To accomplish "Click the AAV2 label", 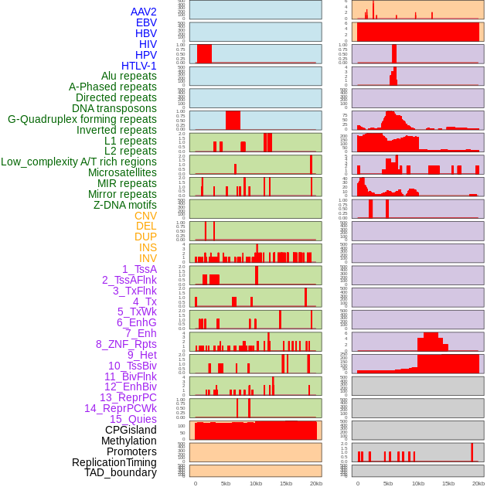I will pos(144,12).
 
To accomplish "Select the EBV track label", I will pos(146,22).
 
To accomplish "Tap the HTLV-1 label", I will pos(139,66).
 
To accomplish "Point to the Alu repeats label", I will pos(129,76).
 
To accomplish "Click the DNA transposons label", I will pos(114,108).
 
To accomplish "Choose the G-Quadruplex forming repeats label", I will pos(82,119).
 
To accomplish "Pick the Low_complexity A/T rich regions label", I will pos(79,162).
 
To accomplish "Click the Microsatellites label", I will pos(122,172).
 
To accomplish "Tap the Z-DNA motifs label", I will pos(125,205).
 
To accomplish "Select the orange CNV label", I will pos(145,216).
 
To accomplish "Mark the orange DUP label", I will pos(145,237).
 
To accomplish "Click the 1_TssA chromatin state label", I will pos(139,269).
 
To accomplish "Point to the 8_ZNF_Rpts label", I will pos(126,344).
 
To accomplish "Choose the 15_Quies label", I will pos(133,419).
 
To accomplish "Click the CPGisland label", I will pos(131,430).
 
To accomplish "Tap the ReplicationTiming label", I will pos(114,462).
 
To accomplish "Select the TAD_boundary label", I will pos(121,472).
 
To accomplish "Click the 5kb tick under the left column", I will pos(226,483).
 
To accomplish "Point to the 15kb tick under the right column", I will pos(448,483).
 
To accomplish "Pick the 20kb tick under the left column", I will pos(316,483).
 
